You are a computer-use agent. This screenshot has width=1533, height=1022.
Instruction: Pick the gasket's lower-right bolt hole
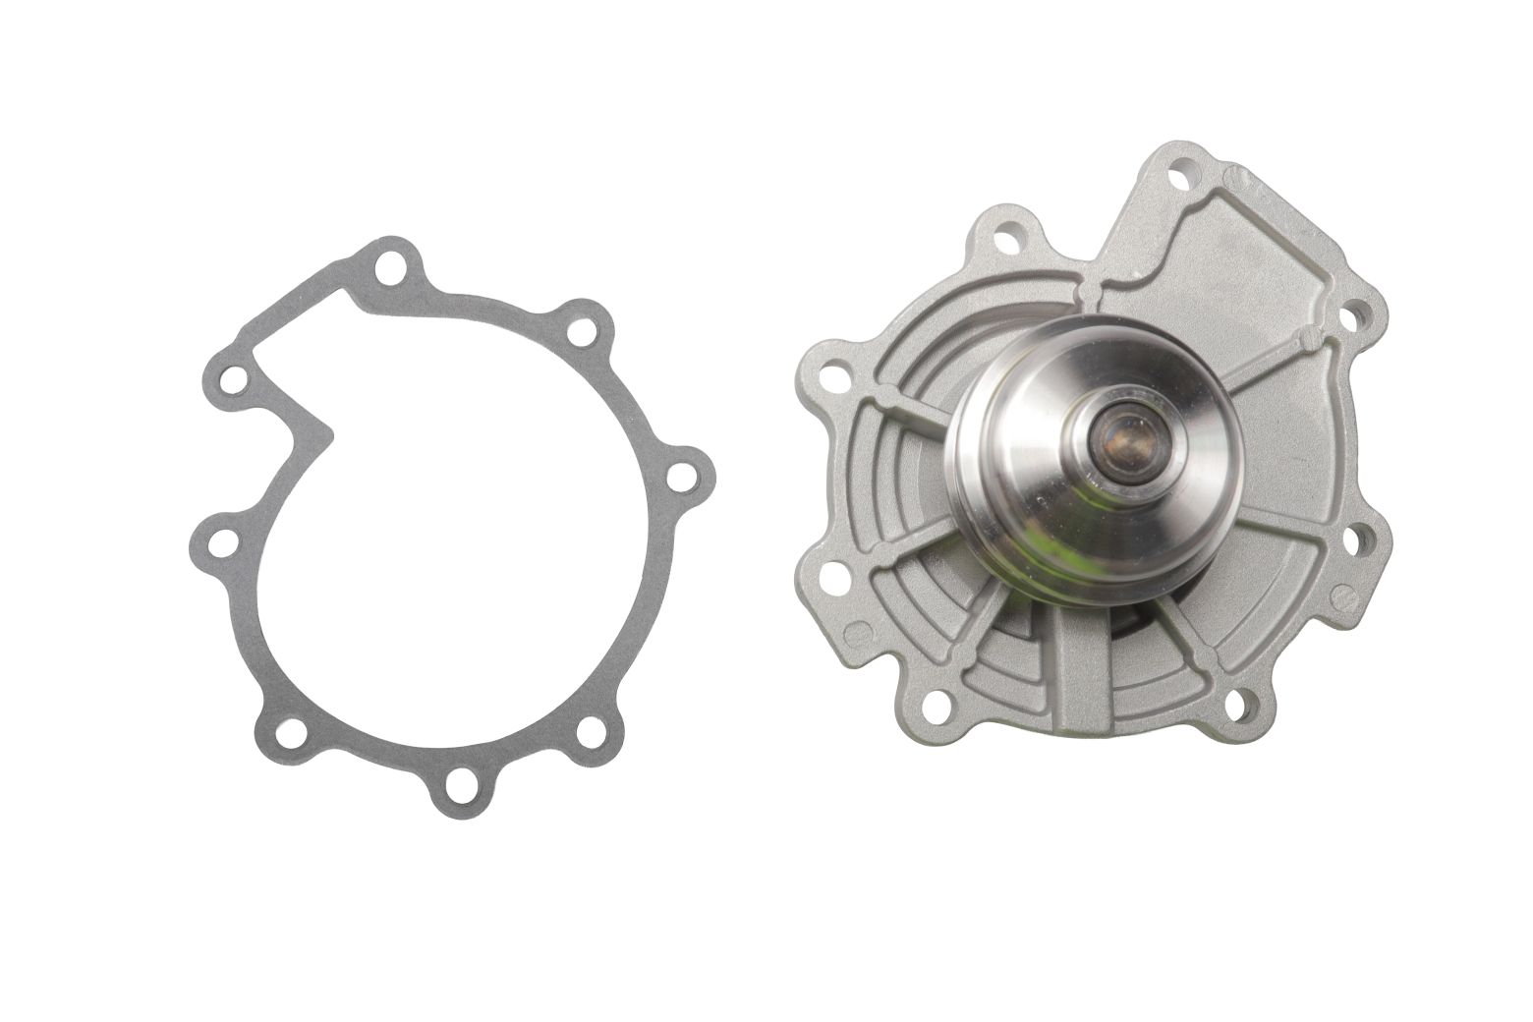click(x=591, y=730)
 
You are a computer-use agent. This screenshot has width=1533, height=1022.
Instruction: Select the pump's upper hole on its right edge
click(x=1354, y=314)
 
